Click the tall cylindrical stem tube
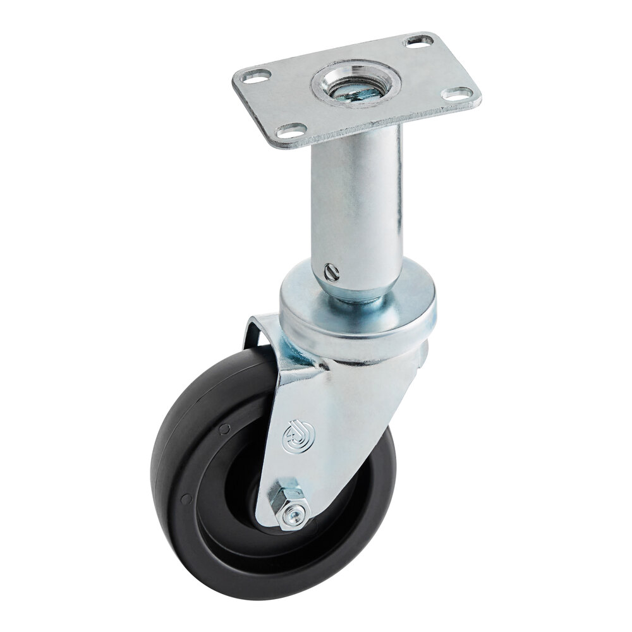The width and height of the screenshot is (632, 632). click(357, 202)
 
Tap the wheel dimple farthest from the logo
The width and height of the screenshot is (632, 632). click(185, 499)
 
